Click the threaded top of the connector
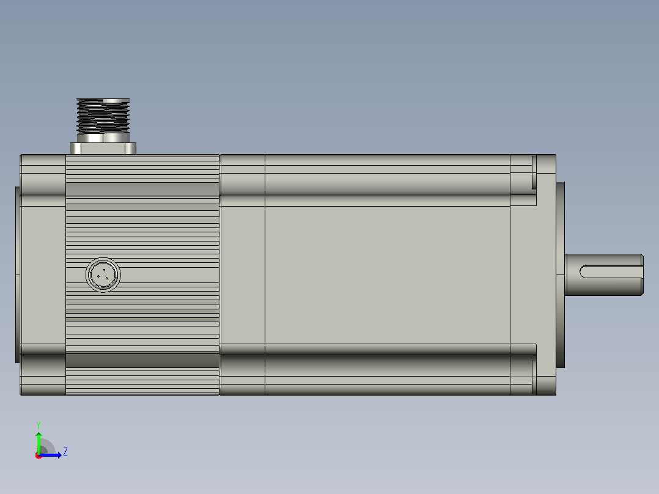[103, 116]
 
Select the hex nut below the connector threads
[103, 138]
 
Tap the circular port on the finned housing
[103, 275]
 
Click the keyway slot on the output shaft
[611, 271]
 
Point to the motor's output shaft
[604, 275]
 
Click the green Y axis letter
[39, 425]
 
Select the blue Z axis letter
[65, 452]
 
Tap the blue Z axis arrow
[50, 455]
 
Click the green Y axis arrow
[39, 443]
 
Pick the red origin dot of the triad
[39, 455]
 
